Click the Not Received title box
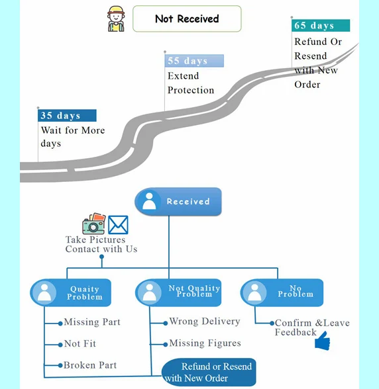187,19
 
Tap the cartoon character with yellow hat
116,19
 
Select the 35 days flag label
67,115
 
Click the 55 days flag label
194,61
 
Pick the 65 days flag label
321,26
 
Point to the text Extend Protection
191,83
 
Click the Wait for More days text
73,137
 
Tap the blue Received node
178,201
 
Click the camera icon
94,224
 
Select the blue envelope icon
119,225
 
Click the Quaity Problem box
71,292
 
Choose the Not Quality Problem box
178,292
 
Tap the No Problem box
282,292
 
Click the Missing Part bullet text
92,322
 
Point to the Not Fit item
80,343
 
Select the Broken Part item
90,365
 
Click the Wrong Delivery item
205,322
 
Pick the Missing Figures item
205,343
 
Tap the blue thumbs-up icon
322,341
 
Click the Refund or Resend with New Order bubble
209,372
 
